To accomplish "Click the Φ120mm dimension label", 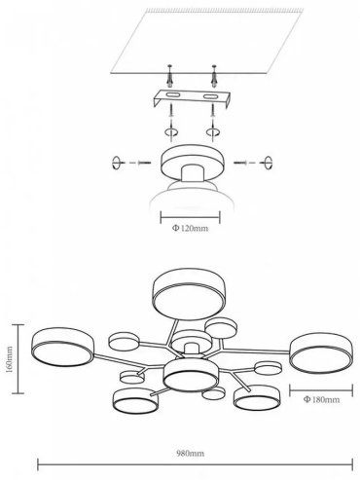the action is (x=190, y=228).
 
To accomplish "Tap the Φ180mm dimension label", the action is (x=321, y=399).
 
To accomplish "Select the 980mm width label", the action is (x=191, y=453).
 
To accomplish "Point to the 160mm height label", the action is (x=10, y=359).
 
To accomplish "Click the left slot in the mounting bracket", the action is (x=171, y=95).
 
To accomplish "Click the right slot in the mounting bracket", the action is (x=211, y=96).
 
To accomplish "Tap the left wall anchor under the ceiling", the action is (x=170, y=76).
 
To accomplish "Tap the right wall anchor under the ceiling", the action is (x=214, y=76).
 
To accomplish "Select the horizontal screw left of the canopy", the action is (x=144, y=162).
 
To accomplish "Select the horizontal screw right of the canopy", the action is (x=241, y=162).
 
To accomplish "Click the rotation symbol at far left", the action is (x=116, y=163).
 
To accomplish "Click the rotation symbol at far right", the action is (x=269, y=163).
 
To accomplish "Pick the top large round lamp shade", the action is (x=189, y=293).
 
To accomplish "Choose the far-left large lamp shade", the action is (x=63, y=348).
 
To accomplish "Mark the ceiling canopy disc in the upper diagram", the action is (x=192, y=162).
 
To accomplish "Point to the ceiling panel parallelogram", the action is (x=206, y=41).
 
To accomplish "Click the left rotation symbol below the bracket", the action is (x=170, y=132).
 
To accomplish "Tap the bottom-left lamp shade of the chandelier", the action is (x=136, y=401).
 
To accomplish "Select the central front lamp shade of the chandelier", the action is (x=190, y=375).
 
